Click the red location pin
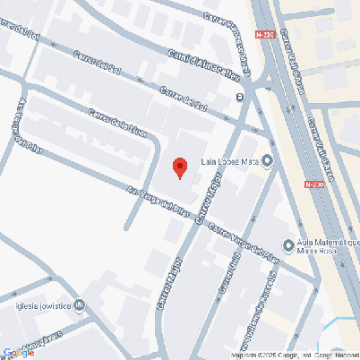(179, 167)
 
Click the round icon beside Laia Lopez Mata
(267, 161)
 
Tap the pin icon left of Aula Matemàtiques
(288, 245)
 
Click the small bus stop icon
(238, 97)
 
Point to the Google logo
(19, 353)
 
